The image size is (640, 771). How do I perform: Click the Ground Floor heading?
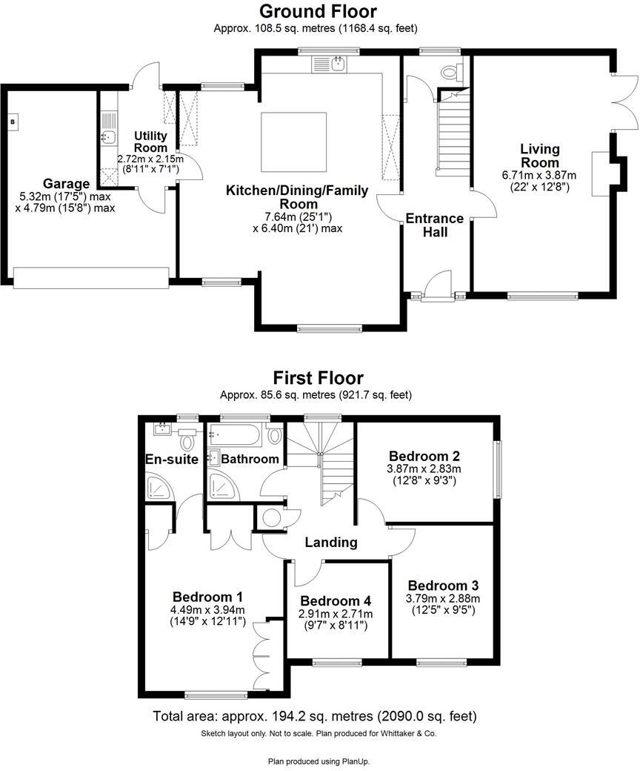point(318,11)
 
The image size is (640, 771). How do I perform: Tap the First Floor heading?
point(318,378)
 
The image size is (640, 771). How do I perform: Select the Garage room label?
point(66,184)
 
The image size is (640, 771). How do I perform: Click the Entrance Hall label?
point(435,225)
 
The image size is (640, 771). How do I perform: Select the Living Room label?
point(539,156)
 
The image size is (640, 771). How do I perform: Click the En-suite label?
point(172,460)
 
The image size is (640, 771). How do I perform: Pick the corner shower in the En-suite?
point(159,486)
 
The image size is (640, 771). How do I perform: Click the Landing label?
point(331,542)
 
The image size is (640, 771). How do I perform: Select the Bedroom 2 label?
point(419,456)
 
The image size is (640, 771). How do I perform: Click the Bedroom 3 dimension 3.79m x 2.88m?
point(443,598)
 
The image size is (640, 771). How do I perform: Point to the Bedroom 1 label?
point(207,596)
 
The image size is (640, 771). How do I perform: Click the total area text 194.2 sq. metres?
point(314,716)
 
